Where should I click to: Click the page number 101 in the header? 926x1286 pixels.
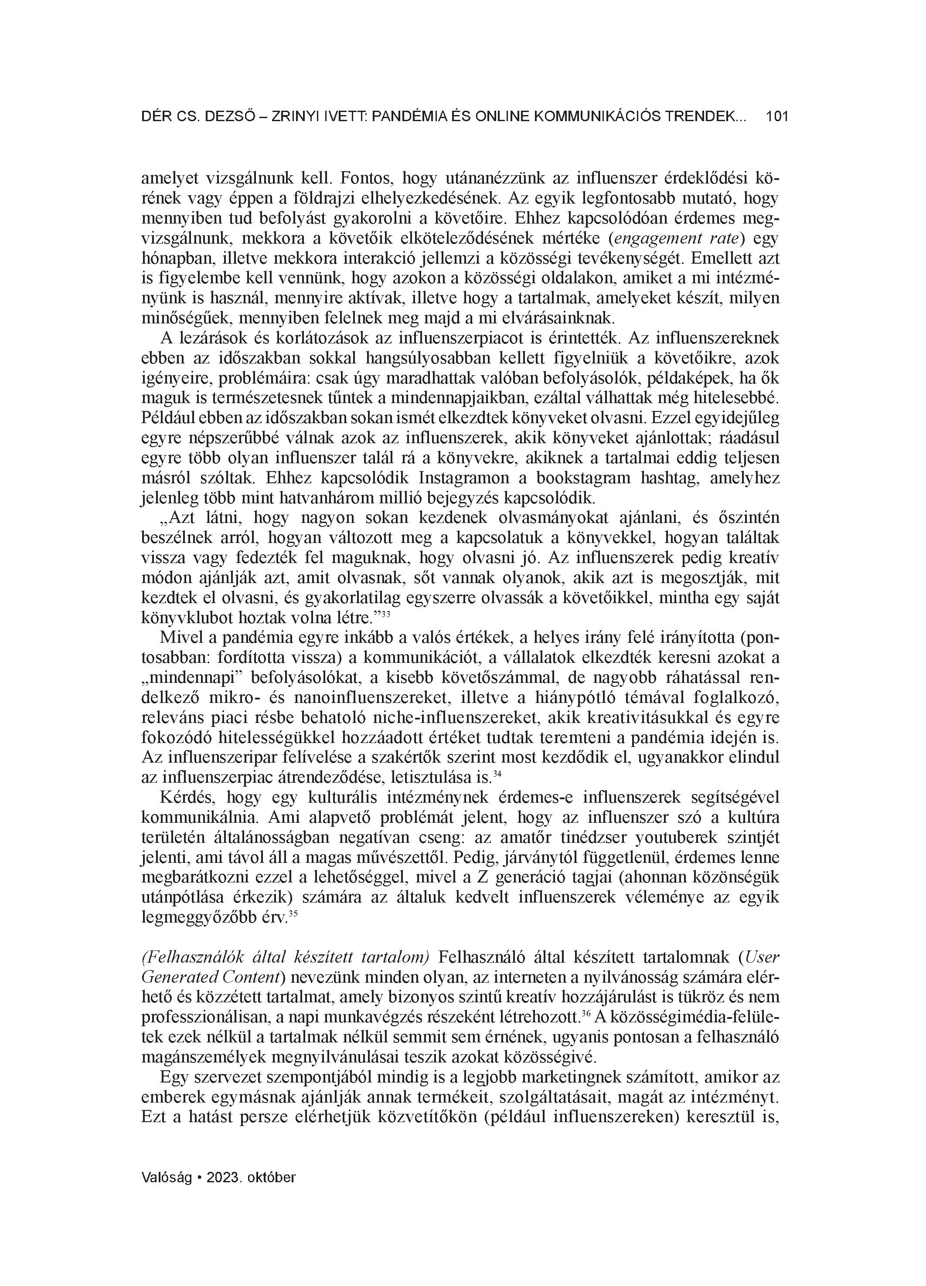[777, 117]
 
